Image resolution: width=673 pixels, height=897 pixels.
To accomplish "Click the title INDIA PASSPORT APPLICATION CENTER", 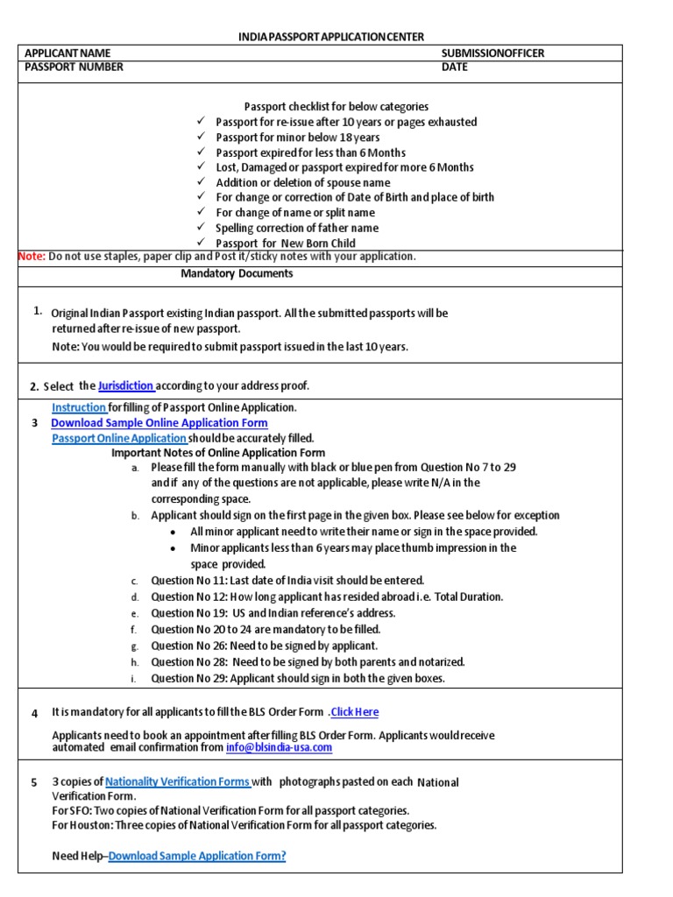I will click(331, 37).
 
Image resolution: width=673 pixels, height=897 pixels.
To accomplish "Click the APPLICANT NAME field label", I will click(67, 53).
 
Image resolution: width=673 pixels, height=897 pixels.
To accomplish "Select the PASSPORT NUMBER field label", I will click(74, 67).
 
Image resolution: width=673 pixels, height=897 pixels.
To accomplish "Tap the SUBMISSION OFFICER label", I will click(492, 53).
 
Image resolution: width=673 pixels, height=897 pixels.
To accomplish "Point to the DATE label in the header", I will click(455, 67).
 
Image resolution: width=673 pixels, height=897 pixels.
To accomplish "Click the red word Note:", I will click(32, 256).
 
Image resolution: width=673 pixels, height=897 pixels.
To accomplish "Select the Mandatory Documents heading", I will click(237, 273).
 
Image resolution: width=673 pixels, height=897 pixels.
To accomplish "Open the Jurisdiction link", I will click(126, 385).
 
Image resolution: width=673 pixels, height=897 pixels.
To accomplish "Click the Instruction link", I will click(79, 407).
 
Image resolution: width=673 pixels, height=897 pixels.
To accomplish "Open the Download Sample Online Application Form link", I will click(159, 422).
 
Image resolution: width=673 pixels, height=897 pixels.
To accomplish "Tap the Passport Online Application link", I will click(119, 437).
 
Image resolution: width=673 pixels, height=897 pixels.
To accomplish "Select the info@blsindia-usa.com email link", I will click(279, 747).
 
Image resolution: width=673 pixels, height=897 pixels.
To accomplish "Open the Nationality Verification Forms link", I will click(178, 782).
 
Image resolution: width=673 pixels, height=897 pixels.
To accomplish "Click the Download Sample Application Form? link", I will click(197, 856).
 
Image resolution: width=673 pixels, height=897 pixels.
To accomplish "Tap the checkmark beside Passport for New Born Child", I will click(201, 243).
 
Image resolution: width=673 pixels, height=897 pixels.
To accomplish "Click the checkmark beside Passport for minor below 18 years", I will click(201, 138).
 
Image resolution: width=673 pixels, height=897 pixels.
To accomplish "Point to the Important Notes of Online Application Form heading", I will click(218, 453).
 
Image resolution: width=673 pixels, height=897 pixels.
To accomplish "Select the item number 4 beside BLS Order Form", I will click(34, 713).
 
